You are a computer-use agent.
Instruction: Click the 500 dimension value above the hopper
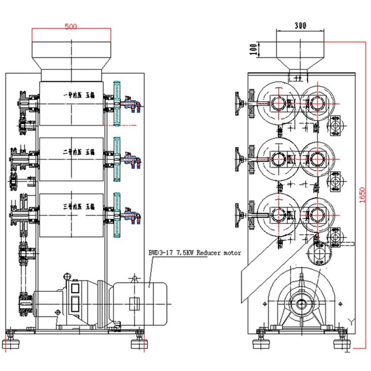coord(71,27)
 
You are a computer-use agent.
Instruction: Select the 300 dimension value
coord(299,24)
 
